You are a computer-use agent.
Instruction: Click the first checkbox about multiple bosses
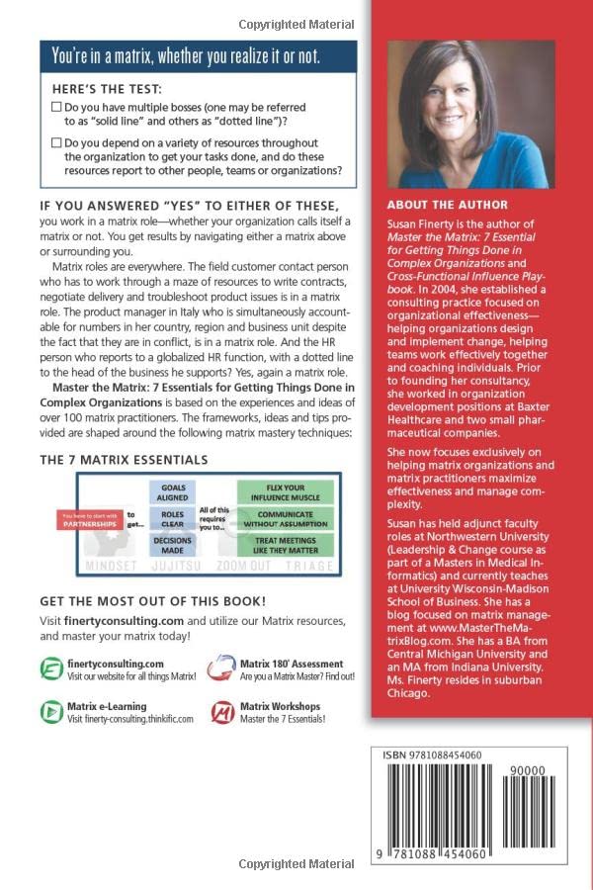click(x=55, y=106)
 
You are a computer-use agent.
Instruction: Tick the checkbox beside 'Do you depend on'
click(x=55, y=143)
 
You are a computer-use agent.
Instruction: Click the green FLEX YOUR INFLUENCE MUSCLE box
click(x=285, y=491)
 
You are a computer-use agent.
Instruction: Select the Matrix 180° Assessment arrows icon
click(x=222, y=670)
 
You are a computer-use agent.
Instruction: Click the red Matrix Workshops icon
click(x=222, y=712)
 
